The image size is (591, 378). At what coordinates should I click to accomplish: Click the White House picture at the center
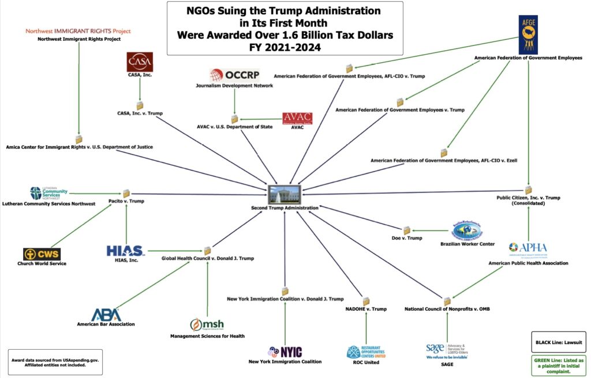click(x=291, y=194)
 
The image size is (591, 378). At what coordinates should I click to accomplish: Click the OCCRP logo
click(x=234, y=75)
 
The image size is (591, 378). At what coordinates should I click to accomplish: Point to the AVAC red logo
click(x=298, y=118)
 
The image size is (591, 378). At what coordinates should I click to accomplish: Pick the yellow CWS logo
click(x=42, y=254)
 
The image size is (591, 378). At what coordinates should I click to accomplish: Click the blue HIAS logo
click(x=125, y=251)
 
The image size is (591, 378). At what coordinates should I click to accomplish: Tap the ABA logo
click(x=106, y=313)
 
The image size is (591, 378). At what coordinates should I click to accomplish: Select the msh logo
click(x=207, y=325)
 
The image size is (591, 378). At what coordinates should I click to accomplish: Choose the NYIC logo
click(x=285, y=351)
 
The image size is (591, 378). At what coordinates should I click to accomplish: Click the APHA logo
click(x=528, y=250)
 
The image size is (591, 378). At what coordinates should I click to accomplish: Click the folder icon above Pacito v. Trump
click(x=126, y=193)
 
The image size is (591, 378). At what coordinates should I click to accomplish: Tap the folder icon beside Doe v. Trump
click(x=407, y=230)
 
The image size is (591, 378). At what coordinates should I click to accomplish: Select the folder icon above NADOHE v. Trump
click(x=366, y=301)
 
